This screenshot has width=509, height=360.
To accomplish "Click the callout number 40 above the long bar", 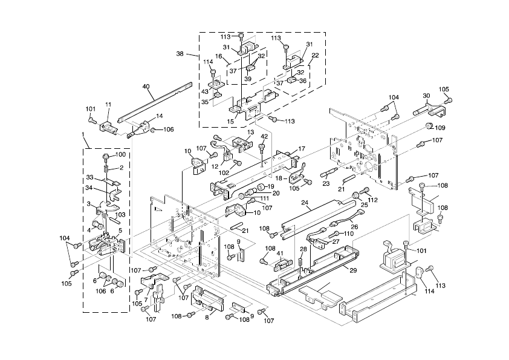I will (146, 86).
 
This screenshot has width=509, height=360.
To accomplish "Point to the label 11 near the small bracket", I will (108, 105).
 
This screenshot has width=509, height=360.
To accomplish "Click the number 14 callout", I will (160, 116).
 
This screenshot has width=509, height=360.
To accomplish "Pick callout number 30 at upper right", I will (426, 96).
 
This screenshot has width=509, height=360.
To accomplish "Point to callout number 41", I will (280, 254).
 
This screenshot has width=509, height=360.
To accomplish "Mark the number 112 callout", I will (372, 200).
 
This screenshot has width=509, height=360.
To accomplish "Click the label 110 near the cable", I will (349, 234).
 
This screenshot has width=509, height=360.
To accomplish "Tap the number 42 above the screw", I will (264, 137).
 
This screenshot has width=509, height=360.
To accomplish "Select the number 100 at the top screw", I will (120, 155).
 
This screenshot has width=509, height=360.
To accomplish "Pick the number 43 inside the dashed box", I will (205, 91).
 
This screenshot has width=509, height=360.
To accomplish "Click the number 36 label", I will (303, 81).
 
